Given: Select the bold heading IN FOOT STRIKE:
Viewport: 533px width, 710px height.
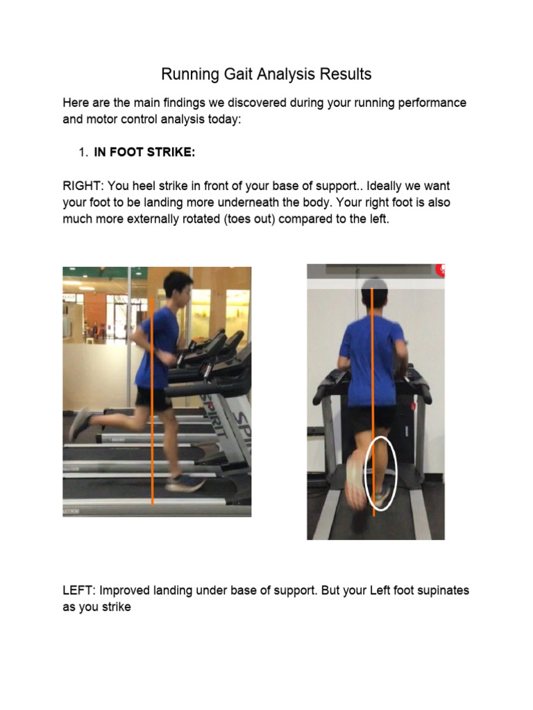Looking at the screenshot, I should (x=144, y=153).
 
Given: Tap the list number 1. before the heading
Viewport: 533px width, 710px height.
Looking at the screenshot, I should (x=84, y=153).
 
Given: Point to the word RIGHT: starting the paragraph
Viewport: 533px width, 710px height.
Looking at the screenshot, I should (x=82, y=187).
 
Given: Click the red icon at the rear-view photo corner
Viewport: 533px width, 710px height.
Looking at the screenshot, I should (x=440, y=270).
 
